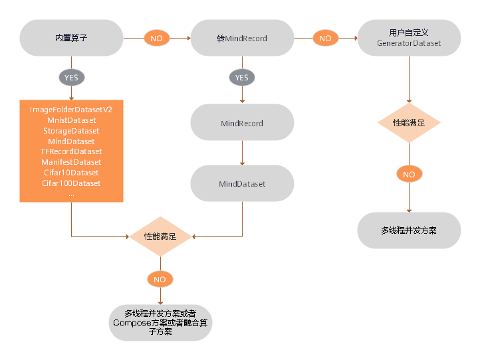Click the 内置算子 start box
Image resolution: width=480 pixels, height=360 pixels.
click(x=71, y=38)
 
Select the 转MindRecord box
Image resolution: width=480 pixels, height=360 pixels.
click(x=242, y=38)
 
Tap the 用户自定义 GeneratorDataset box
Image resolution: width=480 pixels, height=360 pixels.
click(x=409, y=38)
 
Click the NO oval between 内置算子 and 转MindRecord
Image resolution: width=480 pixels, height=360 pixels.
click(x=156, y=39)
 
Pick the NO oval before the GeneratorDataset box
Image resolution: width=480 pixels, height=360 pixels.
click(x=325, y=39)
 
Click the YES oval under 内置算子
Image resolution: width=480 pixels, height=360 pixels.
click(x=71, y=78)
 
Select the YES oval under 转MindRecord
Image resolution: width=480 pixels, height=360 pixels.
click(x=242, y=78)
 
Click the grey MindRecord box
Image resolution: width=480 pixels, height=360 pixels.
click(x=242, y=124)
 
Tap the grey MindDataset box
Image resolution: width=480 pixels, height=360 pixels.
click(x=242, y=183)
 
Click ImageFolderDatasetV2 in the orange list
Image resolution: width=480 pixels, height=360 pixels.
click(x=71, y=110)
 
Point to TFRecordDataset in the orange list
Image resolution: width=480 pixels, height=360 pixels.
click(x=71, y=151)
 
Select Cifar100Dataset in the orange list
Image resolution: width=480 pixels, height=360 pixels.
click(x=71, y=183)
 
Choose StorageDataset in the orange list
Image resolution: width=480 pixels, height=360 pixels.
click(x=71, y=131)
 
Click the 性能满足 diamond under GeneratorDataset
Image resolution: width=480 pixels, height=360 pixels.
click(x=409, y=124)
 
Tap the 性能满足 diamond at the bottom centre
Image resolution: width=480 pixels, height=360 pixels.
click(x=160, y=236)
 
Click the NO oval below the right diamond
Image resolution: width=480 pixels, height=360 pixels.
click(x=409, y=175)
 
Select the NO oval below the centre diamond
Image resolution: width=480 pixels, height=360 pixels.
click(x=160, y=280)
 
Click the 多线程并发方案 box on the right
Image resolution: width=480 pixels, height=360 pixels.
click(x=409, y=230)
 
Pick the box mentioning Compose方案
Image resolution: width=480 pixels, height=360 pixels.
click(x=160, y=322)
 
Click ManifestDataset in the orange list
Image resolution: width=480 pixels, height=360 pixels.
click(x=71, y=162)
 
